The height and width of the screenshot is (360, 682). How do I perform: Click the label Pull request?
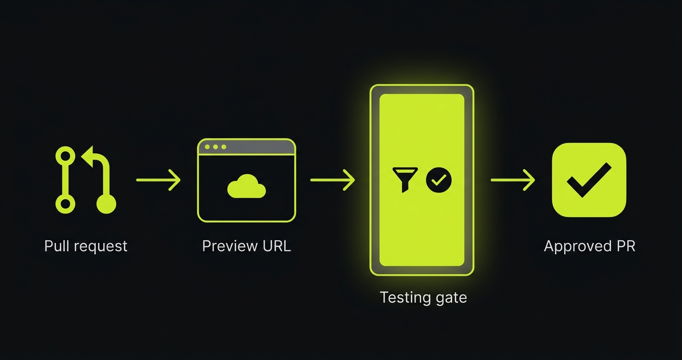click(86, 246)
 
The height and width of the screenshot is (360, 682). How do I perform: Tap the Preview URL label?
click(246, 246)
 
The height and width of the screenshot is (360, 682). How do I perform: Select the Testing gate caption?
click(423, 297)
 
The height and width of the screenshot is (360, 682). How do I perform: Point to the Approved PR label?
click(589, 246)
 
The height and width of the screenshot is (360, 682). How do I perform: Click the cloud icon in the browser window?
click(246, 186)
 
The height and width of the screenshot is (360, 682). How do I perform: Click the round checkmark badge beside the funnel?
click(438, 180)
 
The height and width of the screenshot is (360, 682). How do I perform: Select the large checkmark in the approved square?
click(589, 180)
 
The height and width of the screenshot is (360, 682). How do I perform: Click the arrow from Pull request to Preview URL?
click(159, 180)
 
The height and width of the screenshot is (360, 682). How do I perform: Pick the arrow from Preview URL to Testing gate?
click(332, 180)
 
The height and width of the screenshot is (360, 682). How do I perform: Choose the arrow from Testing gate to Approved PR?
click(512, 180)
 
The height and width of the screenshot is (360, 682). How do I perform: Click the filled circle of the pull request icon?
click(106, 204)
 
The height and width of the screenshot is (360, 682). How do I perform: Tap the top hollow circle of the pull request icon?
click(66, 156)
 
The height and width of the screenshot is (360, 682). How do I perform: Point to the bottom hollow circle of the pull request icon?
click(66, 204)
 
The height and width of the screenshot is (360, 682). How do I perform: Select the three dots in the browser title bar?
click(215, 147)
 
